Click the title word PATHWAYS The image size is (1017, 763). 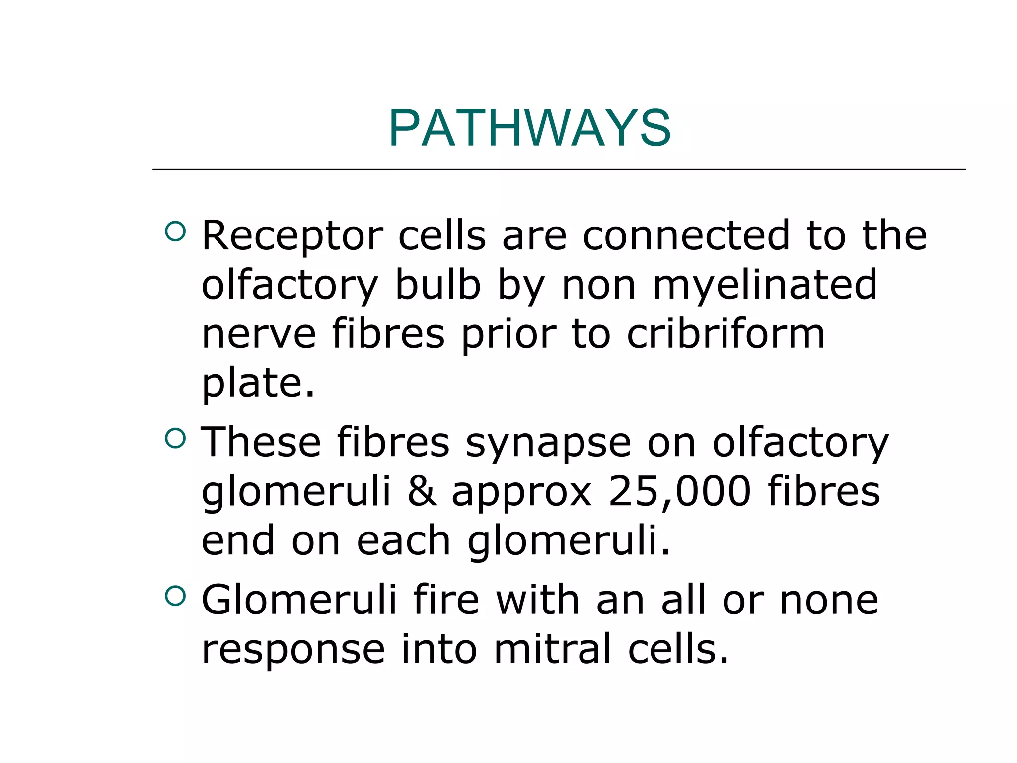pyautogui.click(x=530, y=128)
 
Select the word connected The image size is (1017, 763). pyautogui.click(x=686, y=235)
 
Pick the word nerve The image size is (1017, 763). pyautogui.click(x=259, y=334)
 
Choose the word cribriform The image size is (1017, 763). pyautogui.click(x=726, y=334)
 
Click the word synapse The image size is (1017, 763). pyautogui.click(x=548, y=442)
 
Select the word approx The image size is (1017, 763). pyautogui.click(x=521, y=492)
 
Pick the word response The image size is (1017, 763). pyautogui.click(x=293, y=650)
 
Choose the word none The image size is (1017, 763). pyautogui.click(x=829, y=600)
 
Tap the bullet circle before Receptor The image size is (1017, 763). pyautogui.click(x=175, y=231)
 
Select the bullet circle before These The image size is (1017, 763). pyautogui.click(x=175, y=438)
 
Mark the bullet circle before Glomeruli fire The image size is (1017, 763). pyautogui.click(x=175, y=596)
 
